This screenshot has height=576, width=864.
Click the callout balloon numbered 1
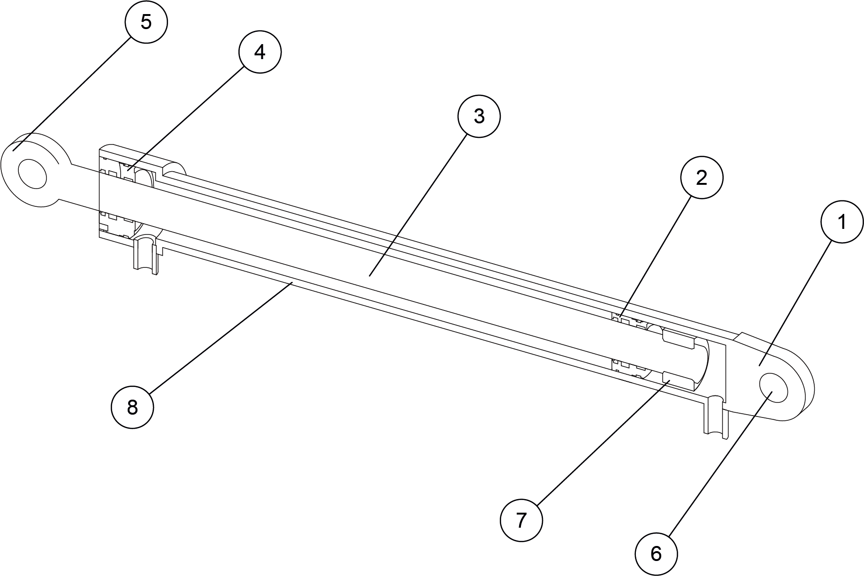coord(842,221)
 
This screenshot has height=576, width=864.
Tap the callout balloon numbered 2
coord(702,177)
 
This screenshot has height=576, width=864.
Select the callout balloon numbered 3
coord(479,116)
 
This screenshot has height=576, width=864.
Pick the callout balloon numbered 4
coord(260,52)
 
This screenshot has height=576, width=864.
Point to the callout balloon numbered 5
coord(146,22)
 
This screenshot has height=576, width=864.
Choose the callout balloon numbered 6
coord(656,554)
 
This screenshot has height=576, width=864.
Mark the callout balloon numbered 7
coord(521,520)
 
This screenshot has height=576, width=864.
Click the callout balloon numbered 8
coord(132,407)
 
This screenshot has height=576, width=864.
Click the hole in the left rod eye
coord(32,174)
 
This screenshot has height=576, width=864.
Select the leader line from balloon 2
coord(656,256)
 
